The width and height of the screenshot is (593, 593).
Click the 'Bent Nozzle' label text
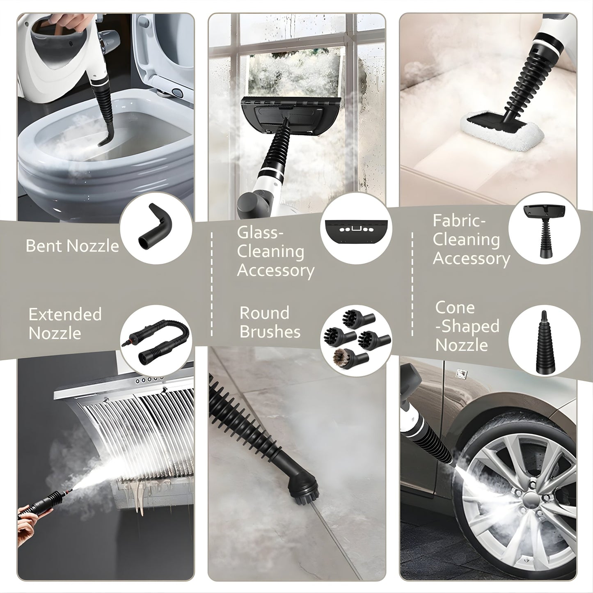tap(72, 246)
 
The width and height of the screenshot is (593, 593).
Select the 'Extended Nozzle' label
tap(65, 323)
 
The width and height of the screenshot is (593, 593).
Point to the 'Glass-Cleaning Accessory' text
tap(275, 252)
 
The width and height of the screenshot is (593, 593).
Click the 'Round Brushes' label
tap(270, 322)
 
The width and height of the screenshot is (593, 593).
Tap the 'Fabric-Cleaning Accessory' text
tap(471, 240)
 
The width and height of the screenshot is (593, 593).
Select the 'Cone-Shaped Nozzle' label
tap(467, 326)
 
